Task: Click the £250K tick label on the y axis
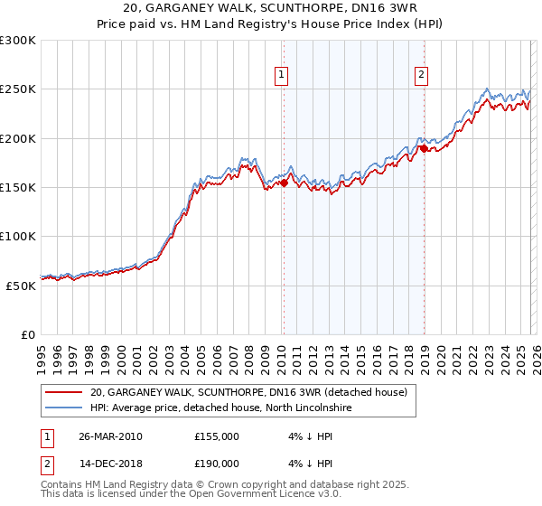(18, 89)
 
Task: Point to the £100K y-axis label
(18, 236)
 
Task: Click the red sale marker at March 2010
(284, 183)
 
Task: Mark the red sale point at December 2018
(423, 148)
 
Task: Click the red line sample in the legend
(63, 392)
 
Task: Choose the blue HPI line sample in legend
(63, 408)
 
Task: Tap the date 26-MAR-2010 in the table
(110, 436)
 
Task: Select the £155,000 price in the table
(217, 436)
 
